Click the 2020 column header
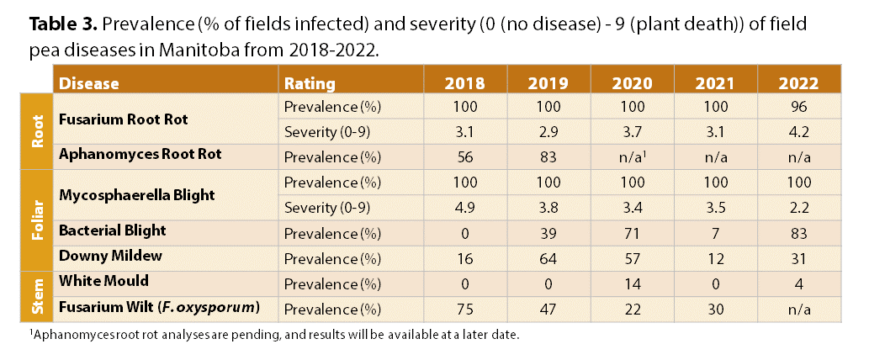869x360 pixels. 630,83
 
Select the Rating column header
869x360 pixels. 310,83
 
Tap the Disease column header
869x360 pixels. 89,83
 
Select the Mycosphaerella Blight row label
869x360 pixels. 137,194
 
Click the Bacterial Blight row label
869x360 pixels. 113,230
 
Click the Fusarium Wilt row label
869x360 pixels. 156,309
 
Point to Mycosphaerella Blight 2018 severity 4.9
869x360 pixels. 464,206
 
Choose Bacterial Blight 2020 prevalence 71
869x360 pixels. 630,230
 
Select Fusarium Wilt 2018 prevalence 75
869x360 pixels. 464,309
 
